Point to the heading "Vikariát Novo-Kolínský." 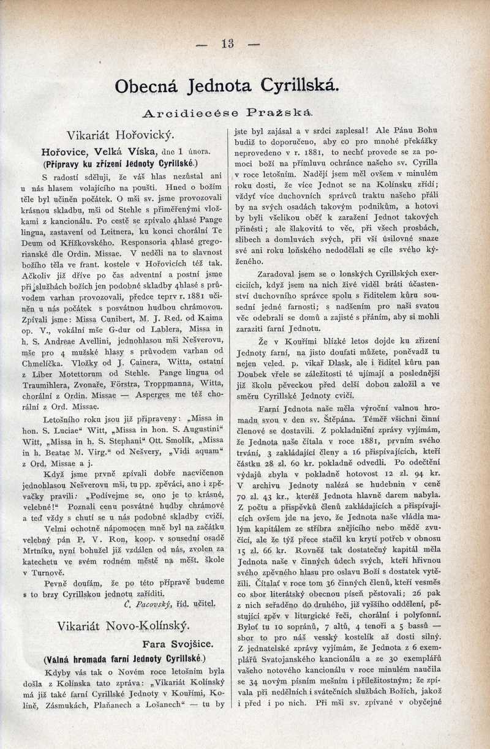(x=123, y=625)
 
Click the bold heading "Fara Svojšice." (x=177, y=644)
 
